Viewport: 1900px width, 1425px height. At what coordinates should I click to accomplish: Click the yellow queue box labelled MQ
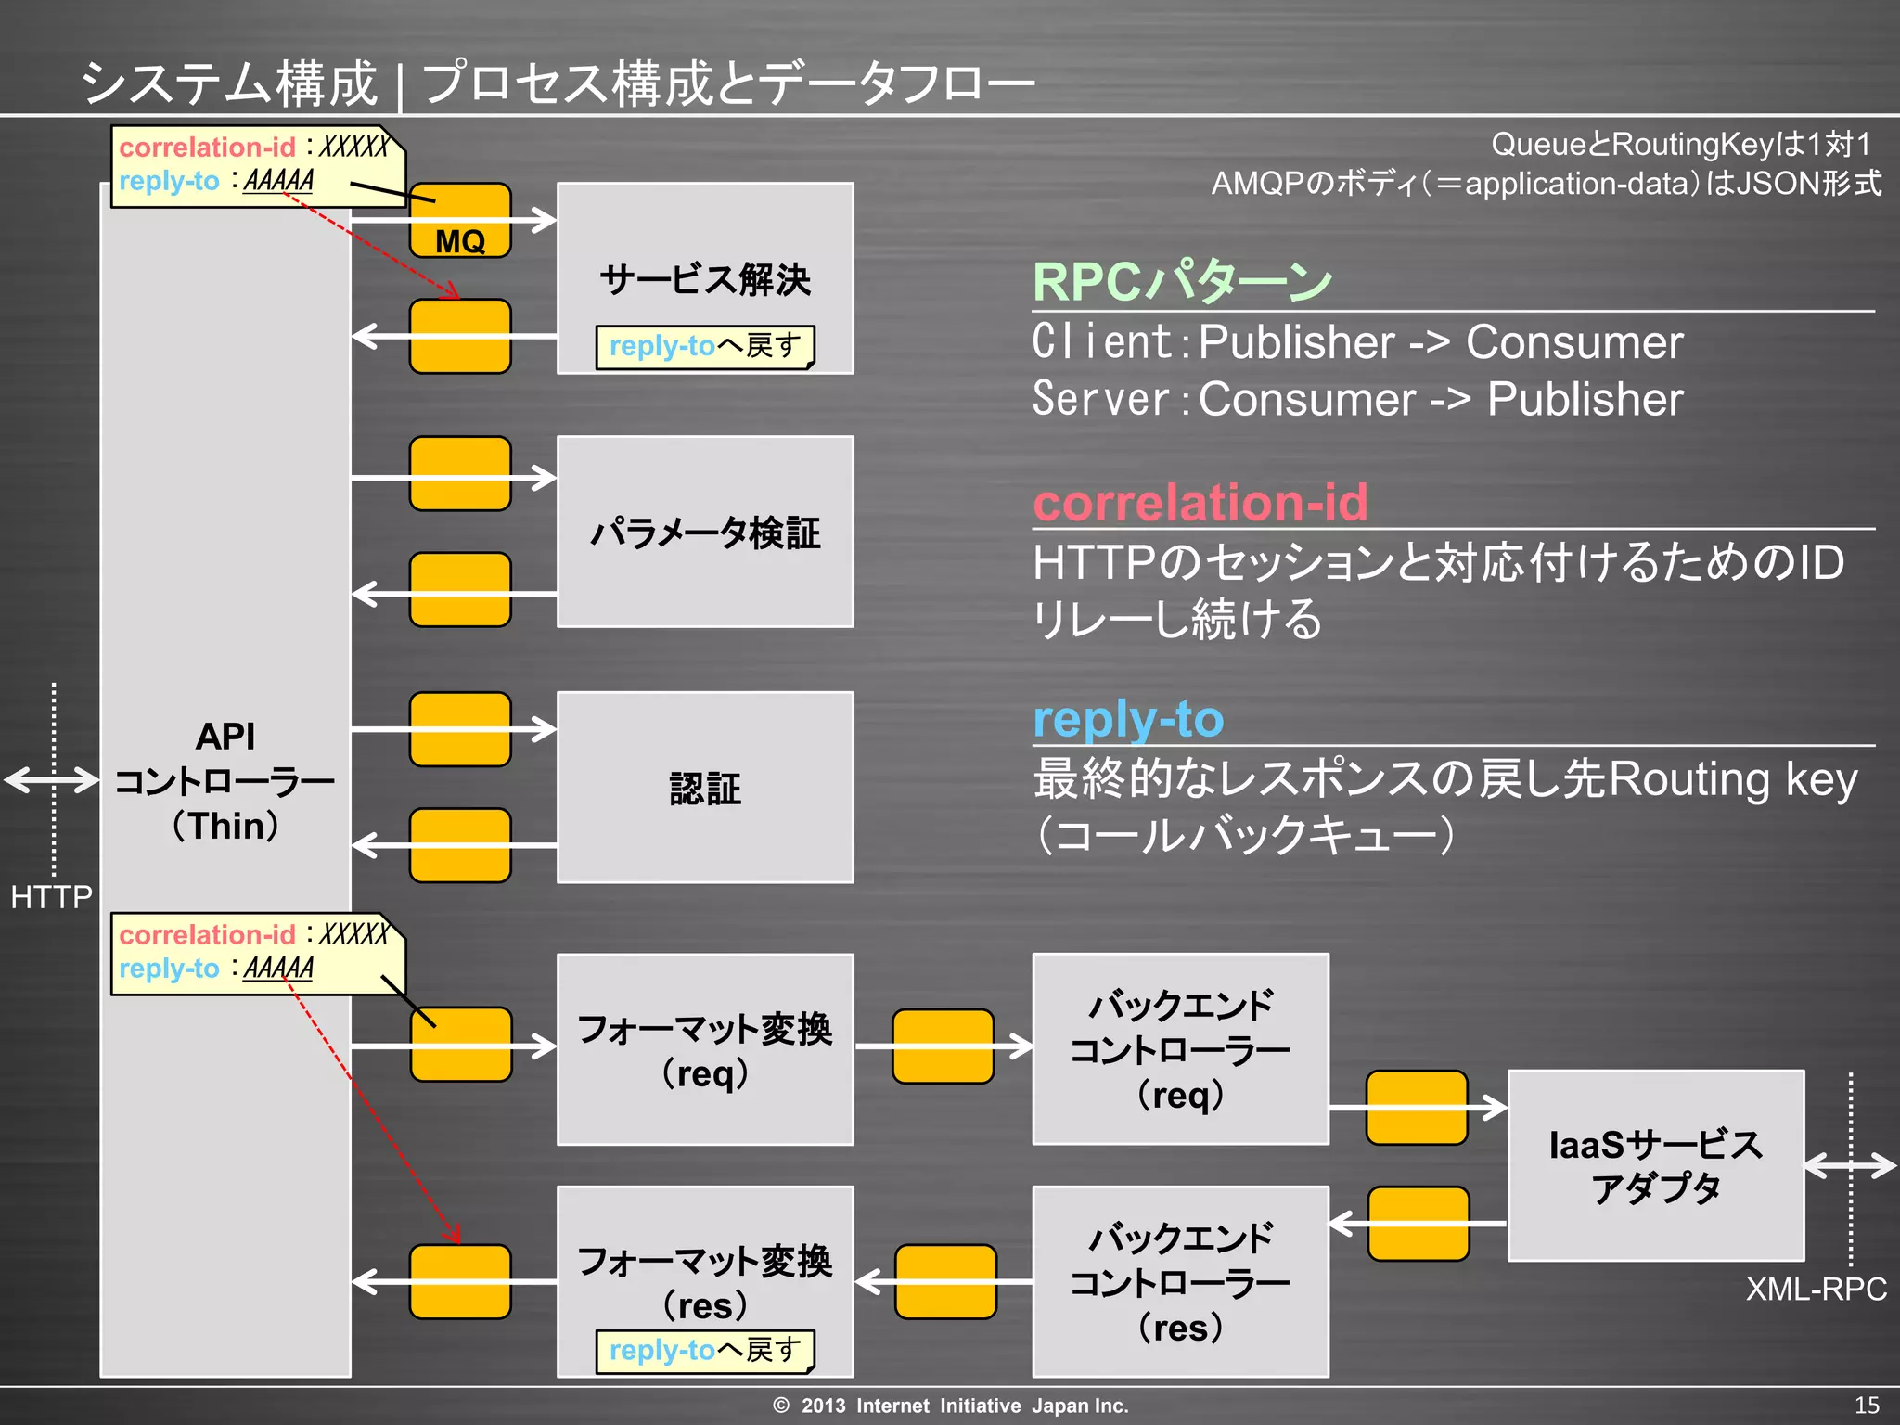(460, 222)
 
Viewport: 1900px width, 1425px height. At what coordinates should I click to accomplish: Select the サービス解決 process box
(704, 278)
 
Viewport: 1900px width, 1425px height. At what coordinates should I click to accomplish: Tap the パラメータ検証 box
(704, 533)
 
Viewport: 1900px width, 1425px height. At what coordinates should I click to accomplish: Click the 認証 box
(704, 788)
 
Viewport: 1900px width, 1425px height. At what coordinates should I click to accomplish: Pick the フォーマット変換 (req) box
(704, 1049)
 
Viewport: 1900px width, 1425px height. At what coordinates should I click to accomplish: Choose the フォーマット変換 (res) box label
(704, 1280)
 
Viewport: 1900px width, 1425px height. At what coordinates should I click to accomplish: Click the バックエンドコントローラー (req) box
(1180, 1049)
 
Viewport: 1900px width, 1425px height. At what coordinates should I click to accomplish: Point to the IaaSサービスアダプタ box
(1656, 1165)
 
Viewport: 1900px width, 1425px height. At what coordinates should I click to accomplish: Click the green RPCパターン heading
(1182, 282)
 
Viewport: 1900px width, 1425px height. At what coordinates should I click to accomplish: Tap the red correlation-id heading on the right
(1200, 502)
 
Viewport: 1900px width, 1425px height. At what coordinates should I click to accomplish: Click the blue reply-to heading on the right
(1128, 719)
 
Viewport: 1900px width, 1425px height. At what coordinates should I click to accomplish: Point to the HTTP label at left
(51, 896)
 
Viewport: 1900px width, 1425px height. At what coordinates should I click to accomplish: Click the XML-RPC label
(1816, 1289)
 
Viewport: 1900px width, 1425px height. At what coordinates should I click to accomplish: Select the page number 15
(1867, 1405)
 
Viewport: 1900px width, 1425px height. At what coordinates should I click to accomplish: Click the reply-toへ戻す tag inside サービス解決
(704, 346)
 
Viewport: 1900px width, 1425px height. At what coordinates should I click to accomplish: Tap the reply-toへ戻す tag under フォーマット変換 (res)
(704, 1350)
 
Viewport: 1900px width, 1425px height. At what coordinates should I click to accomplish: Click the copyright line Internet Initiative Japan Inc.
(950, 1406)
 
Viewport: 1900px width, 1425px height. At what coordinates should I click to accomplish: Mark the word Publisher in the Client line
(1296, 342)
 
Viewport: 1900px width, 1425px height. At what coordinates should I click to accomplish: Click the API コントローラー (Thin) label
(225, 780)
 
